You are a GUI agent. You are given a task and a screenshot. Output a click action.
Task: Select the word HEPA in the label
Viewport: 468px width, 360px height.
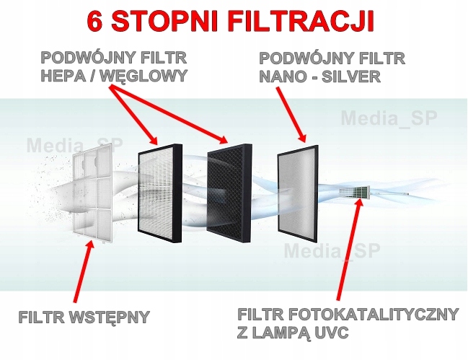(x=63, y=76)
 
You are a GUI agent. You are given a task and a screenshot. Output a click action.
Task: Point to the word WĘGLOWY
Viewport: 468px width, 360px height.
(x=144, y=76)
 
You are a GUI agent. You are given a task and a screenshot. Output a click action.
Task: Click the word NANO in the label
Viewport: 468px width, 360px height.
(x=283, y=76)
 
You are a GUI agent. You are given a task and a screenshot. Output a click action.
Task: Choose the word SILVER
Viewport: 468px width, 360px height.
(x=351, y=76)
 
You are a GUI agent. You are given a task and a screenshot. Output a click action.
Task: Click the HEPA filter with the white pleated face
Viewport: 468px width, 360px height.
(x=160, y=193)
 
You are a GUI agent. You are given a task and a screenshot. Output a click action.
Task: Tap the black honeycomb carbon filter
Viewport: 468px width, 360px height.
(x=229, y=193)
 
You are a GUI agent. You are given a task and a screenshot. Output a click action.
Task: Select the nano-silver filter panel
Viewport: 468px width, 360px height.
(x=298, y=194)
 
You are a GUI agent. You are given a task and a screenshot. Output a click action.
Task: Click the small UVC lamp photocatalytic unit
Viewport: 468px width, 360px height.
(x=355, y=193)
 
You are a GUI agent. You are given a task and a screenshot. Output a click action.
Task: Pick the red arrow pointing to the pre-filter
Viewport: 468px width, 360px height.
(x=84, y=271)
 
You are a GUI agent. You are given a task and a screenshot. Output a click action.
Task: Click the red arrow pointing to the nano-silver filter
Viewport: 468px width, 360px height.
(x=291, y=114)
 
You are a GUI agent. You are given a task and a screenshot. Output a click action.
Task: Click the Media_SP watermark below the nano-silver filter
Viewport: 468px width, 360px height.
(x=332, y=251)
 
